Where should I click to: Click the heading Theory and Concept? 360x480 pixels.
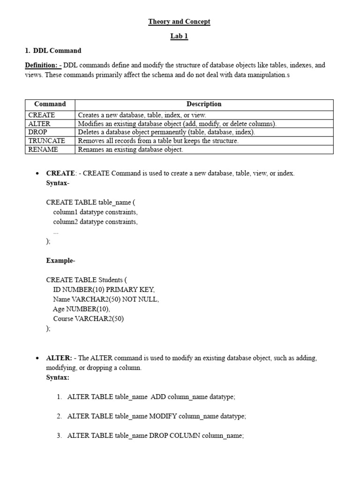179,22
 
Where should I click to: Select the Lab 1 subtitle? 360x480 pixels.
179,37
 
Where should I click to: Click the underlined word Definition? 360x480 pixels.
41,65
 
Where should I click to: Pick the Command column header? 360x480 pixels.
50,104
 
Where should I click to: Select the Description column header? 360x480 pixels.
204,104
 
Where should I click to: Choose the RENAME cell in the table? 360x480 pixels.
43,150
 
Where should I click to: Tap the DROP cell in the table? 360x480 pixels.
38,132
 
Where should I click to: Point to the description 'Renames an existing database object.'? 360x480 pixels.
130,150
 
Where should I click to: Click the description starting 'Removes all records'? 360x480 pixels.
158,141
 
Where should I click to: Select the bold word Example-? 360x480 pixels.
60,260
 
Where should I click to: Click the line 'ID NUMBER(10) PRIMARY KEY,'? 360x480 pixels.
104,290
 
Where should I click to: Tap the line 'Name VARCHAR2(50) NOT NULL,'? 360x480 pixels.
106,299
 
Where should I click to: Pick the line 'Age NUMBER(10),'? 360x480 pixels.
82,309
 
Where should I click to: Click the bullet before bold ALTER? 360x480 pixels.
37,358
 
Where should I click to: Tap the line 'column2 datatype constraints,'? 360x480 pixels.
95,222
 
